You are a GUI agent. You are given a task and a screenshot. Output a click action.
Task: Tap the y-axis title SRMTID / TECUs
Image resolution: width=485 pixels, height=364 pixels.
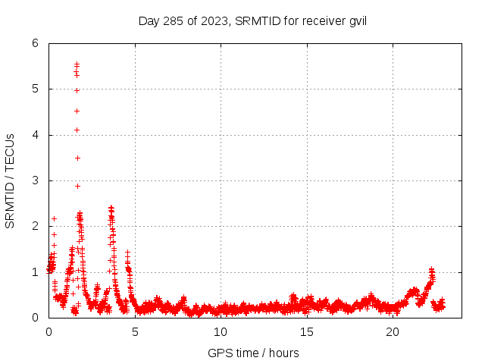pyautogui.click(x=11, y=180)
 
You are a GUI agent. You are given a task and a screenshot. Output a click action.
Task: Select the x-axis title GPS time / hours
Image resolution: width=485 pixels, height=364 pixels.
pyautogui.click(x=253, y=353)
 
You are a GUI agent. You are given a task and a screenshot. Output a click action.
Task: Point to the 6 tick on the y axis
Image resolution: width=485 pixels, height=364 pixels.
pyautogui.click(x=35, y=43)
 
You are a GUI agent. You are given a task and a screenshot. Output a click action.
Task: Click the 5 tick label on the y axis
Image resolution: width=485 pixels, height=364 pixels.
pyautogui.click(x=35, y=89)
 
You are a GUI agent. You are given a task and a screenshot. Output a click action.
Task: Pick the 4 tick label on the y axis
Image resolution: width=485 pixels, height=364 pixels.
pyautogui.click(x=35, y=135)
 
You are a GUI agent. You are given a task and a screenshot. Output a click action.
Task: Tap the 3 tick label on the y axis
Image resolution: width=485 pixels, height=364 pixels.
pyautogui.click(x=35, y=180)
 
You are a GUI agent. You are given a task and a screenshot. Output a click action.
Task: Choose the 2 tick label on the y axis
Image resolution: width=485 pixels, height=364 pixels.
pyautogui.click(x=35, y=226)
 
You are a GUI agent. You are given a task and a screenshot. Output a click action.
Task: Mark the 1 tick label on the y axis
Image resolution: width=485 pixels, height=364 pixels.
pyautogui.click(x=35, y=272)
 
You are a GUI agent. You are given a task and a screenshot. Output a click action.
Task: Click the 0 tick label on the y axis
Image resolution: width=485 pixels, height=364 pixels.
pyautogui.click(x=35, y=318)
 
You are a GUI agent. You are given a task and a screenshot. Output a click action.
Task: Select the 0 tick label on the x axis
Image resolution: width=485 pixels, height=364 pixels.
pyautogui.click(x=49, y=332)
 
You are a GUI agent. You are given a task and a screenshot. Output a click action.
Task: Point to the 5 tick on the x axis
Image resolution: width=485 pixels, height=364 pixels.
pyautogui.click(x=135, y=332)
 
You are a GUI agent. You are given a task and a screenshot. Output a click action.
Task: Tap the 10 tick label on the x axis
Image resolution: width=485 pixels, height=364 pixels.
pyautogui.click(x=221, y=332)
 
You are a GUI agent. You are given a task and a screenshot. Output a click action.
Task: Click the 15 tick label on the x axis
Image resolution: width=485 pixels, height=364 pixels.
pyautogui.click(x=306, y=332)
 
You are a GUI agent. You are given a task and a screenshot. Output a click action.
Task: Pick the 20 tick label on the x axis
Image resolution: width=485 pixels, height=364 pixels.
pyautogui.click(x=393, y=332)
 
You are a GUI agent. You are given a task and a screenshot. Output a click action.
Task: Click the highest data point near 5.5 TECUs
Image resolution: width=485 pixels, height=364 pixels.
pyautogui.click(x=77, y=64)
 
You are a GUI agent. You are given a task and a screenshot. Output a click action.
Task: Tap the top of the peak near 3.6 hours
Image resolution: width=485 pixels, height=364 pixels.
pyautogui.click(x=111, y=207)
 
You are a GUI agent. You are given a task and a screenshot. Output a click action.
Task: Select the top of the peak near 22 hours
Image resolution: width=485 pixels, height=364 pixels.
pyautogui.click(x=431, y=269)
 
